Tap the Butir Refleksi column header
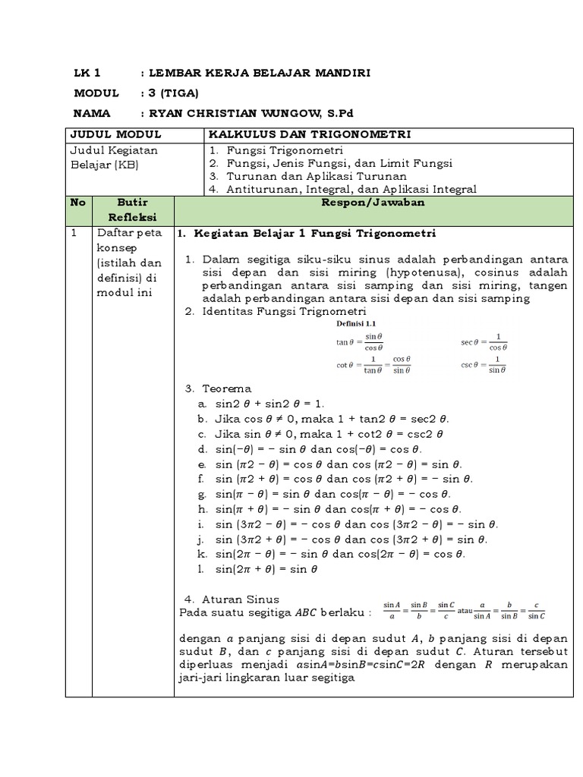(132, 210)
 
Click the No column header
(78, 203)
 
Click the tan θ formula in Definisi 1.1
(360, 341)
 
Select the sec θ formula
(484, 341)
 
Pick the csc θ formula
(484, 364)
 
